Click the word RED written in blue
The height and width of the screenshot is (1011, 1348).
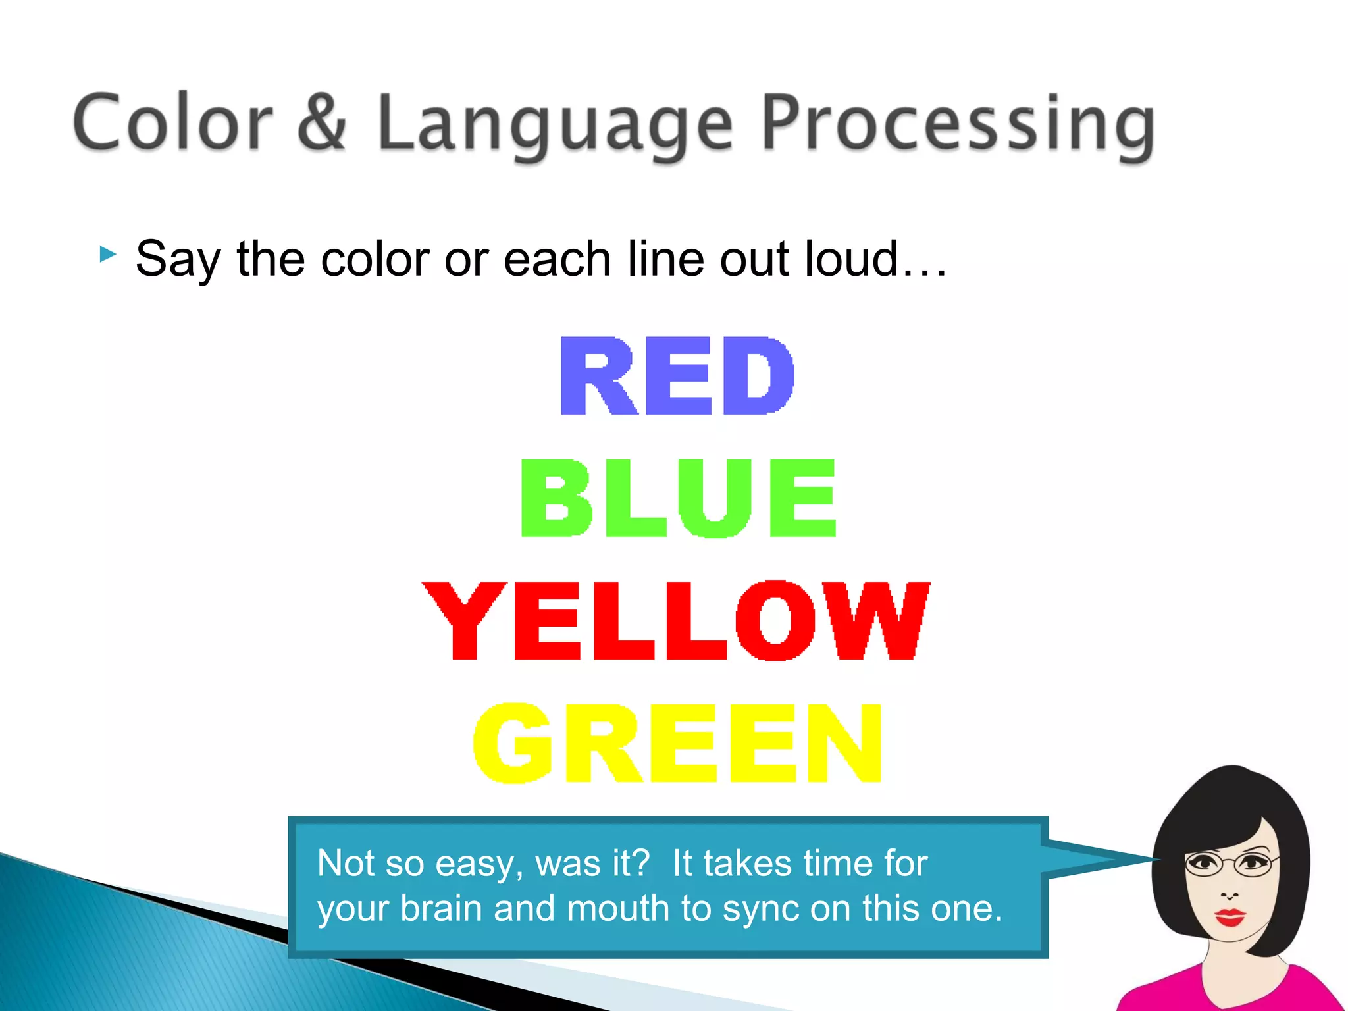click(x=677, y=376)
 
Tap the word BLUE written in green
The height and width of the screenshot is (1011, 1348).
click(x=678, y=499)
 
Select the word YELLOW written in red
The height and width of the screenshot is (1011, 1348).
click(x=676, y=621)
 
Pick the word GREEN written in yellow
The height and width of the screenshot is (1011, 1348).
click(x=677, y=743)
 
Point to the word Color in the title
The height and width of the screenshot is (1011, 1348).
click(x=173, y=123)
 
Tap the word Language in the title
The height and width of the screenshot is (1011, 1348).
click(x=555, y=125)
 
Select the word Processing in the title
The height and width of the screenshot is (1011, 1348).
click(x=958, y=125)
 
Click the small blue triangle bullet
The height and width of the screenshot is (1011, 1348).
click(x=107, y=253)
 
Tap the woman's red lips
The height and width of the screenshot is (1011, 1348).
click(x=1230, y=916)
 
